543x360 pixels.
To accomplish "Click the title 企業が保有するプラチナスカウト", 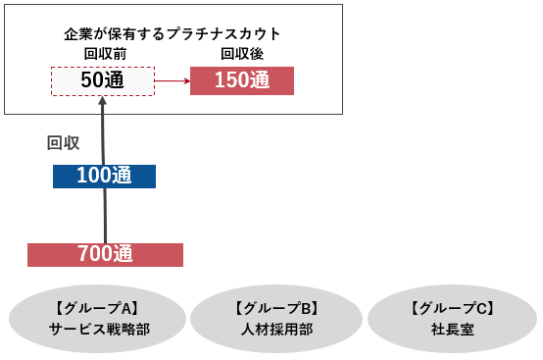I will pyautogui.click(x=172, y=33).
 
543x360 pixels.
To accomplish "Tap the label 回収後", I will pyautogui.click(x=241, y=53).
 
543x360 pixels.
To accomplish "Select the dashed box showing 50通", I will pyautogui.click(x=102, y=81).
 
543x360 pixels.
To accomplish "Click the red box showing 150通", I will pyautogui.click(x=241, y=80).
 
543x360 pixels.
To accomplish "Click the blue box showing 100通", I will pyautogui.click(x=103, y=177).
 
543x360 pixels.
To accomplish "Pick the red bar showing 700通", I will pyautogui.click(x=105, y=254).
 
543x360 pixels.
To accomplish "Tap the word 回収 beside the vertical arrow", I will pyautogui.click(x=64, y=142).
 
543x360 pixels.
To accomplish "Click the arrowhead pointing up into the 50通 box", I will pyautogui.click(x=103, y=101).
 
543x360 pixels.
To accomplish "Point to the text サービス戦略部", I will pyautogui.click(x=99, y=330).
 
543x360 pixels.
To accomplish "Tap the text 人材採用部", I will pyautogui.click(x=276, y=330).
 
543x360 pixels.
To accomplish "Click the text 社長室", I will pyautogui.click(x=452, y=330).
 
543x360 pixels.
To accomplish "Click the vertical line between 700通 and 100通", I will pyautogui.click(x=103, y=216).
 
